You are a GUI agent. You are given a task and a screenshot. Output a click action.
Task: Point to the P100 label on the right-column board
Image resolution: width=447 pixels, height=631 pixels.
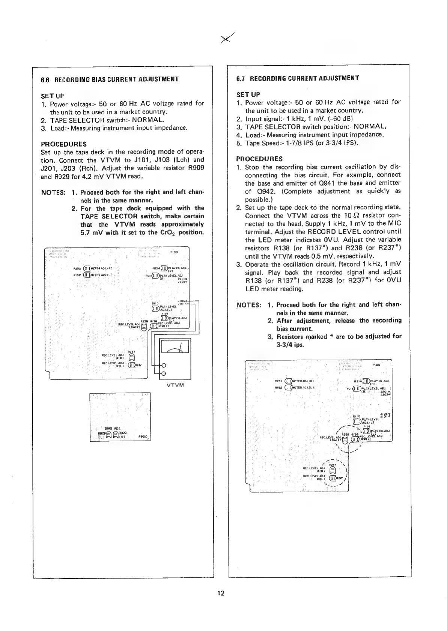pyautogui.click(x=377, y=364)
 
